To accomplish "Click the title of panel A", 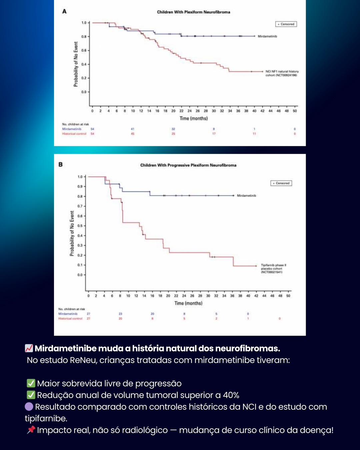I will click(x=193, y=12).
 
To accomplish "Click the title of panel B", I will click(x=188, y=165).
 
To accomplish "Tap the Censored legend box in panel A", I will click(x=286, y=24).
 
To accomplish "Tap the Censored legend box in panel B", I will click(x=281, y=183).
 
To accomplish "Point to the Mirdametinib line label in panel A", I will click(x=267, y=36).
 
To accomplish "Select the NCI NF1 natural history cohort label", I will click(x=282, y=73).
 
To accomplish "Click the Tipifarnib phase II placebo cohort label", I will click(x=273, y=269).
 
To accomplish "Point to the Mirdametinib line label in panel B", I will click(x=246, y=196).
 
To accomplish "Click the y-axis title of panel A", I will click(x=76, y=64).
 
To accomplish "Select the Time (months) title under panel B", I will click(x=188, y=303).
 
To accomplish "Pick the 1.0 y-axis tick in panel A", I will click(x=84, y=23).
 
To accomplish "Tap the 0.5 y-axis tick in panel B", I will click(x=80, y=226).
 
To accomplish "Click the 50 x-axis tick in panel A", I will click(x=295, y=111).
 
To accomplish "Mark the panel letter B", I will click(x=60, y=164).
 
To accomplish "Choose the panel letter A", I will click(x=64, y=11).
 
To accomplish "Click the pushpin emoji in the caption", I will click(x=31, y=430).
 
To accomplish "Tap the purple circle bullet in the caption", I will click(x=29, y=407).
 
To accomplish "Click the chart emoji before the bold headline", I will click(x=29, y=348).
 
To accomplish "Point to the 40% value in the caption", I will click(x=231, y=395).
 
